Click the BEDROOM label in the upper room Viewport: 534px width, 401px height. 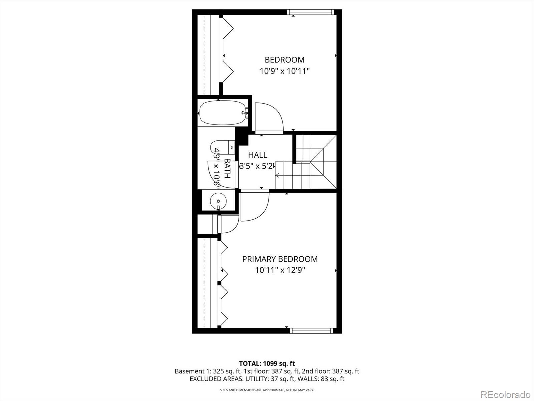(x=284, y=60)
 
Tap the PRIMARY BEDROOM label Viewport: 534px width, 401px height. (x=280, y=259)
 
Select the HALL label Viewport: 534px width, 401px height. (x=257, y=155)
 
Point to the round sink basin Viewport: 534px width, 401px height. (x=218, y=201)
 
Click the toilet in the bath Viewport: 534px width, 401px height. (x=220, y=146)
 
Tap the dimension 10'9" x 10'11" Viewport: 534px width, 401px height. (x=285, y=71)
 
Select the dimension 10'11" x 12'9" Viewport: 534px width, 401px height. (x=280, y=270)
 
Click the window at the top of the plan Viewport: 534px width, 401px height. (x=310, y=12)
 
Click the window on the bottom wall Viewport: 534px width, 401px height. (x=311, y=331)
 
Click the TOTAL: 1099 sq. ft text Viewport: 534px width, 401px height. (x=267, y=363)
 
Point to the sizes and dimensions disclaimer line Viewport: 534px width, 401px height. (x=267, y=390)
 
